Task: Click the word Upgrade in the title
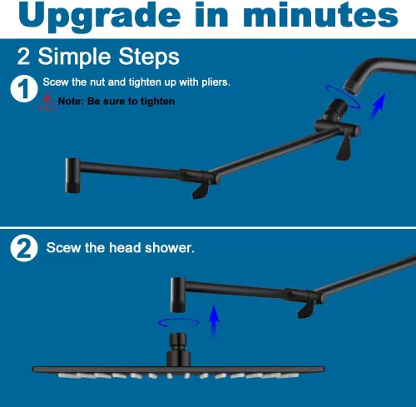point(99,17)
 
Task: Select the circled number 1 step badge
point(24,89)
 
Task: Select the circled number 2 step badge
point(24,248)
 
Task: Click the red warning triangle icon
point(47,102)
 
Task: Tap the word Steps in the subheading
point(149,57)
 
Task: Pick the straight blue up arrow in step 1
point(378,107)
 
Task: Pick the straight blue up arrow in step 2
point(214,321)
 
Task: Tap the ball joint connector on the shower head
point(178,341)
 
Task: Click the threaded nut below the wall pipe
point(336,108)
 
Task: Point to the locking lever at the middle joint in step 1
point(201,191)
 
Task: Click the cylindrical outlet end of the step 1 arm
point(72,176)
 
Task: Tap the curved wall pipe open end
point(351,87)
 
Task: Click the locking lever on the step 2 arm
point(306,310)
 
